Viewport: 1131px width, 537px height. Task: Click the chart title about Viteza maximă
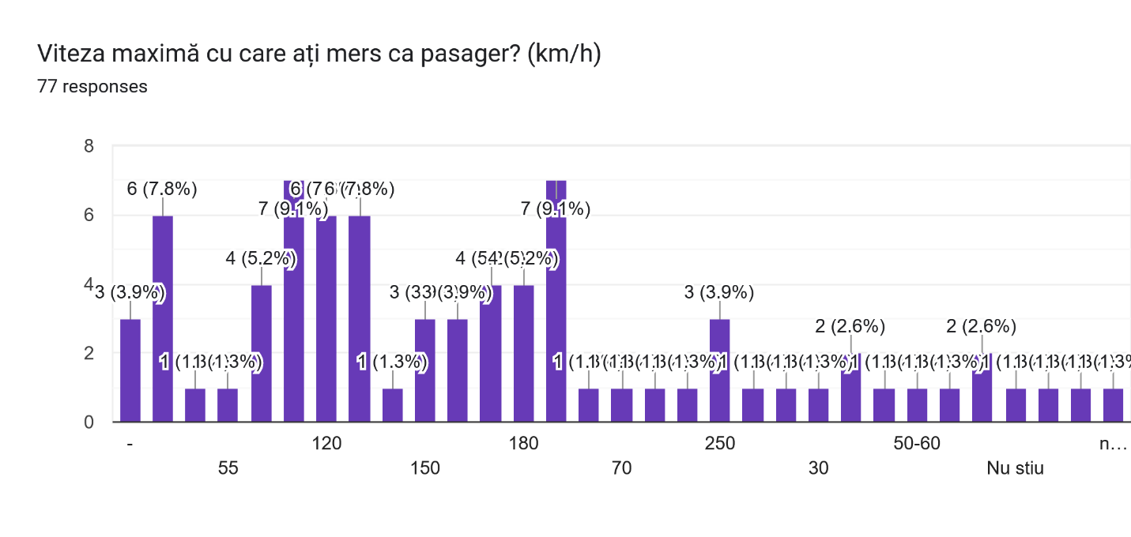point(319,55)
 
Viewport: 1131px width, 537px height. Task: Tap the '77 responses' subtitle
point(92,87)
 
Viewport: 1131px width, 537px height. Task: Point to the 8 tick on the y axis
point(88,146)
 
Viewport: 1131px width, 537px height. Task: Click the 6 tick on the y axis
point(88,216)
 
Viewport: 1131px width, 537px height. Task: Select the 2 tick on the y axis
point(88,353)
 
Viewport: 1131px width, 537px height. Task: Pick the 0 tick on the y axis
point(88,422)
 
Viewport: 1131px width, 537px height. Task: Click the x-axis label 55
point(228,468)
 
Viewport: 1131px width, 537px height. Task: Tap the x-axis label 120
point(326,444)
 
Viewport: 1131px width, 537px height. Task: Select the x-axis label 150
point(425,468)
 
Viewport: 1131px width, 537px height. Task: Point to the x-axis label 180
point(523,444)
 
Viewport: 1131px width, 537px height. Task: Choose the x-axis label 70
point(622,468)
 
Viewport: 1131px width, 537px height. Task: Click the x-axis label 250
point(720,444)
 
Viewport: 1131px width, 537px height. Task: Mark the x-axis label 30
point(819,468)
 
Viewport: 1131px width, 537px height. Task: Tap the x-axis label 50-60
point(917,444)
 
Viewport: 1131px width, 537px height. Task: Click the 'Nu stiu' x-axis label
point(1015,468)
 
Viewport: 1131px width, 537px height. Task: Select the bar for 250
point(720,370)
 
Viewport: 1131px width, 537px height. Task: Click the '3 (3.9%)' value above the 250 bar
point(720,293)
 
